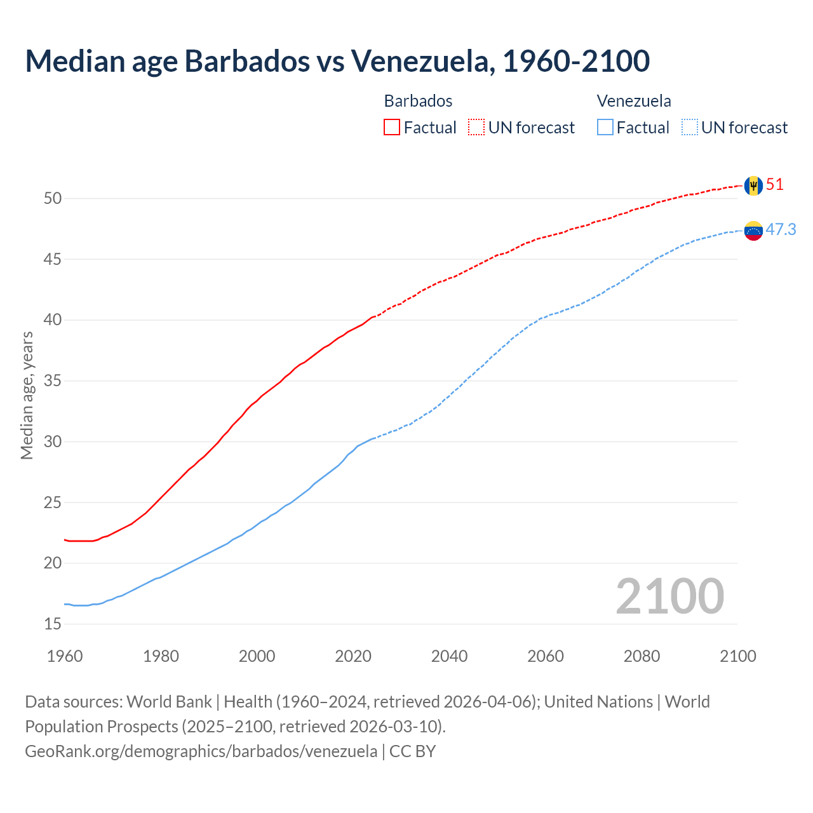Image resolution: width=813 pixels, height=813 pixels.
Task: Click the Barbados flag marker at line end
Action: click(753, 185)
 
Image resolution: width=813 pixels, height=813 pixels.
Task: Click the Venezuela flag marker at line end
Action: click(753, 231)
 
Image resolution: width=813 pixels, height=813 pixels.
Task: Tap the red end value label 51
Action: click(775, 185)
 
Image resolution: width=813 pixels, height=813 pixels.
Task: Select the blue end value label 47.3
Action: click(781, 229)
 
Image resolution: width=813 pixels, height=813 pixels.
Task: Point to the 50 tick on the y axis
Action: click(53, 199)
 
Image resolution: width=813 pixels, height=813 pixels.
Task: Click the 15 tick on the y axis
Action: click(53, 624)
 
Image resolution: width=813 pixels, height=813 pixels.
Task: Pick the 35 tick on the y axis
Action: click(53, 381)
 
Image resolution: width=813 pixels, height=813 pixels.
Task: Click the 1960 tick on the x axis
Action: click(65, 656)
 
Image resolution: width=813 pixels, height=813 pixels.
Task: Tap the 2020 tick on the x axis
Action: click(353, 656)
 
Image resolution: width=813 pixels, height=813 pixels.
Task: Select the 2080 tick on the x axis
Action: click(642, 656)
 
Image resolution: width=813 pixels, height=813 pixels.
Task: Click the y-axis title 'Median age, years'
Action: click(27, 395)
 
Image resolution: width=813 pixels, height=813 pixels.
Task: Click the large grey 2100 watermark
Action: click(669, 596)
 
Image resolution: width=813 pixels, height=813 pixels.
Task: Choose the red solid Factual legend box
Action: click(392, 128)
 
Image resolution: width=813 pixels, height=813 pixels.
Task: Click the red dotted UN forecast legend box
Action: click(476, 128)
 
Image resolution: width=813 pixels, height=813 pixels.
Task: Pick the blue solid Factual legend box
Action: click(605, 128)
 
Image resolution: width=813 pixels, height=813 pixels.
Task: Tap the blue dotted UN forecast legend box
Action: click(690, 128)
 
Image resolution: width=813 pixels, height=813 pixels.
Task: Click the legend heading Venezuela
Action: click(634, 101)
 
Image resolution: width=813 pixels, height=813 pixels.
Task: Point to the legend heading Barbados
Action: click(418, 101)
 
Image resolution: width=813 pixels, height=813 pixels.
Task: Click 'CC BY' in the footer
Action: click(412, 751)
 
